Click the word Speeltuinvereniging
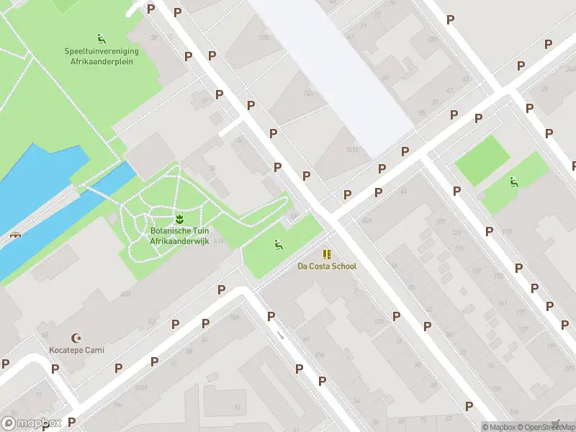102,52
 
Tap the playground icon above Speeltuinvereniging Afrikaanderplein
102,37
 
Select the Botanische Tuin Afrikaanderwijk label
179,236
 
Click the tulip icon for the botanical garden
179,218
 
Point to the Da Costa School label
327,266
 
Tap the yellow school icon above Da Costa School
327,254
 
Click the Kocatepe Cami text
76,350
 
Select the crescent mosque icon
76,338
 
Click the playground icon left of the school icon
277,244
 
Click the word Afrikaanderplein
102,62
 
